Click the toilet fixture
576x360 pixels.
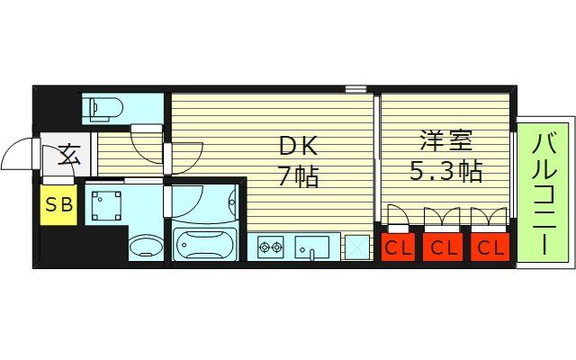pyautogui.click(x=103, y=109)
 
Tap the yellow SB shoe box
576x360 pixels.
pyautogui.click(x=58, y=204)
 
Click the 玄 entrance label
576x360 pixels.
pyautogui.click(x=70, y=155)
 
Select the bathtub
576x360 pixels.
pyautogui.click(x=204, y=244)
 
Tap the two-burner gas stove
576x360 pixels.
pyautogui.click(x=271, y=246)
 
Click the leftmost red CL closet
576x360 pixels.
pyautogui.click(x=399, y=247)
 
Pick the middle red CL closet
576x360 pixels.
pyautogui.click(x=442, y=247)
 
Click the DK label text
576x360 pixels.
pyautogui.click(x=297, y=145)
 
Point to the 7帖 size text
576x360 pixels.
pyautogui.click(x=297, y=175)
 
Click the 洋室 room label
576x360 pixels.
pyautogui.click(x=445, y=141)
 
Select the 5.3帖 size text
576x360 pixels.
pyautogui.click(x=445, y=171)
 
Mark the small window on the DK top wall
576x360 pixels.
pyautogui.click(x=355, y=89)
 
